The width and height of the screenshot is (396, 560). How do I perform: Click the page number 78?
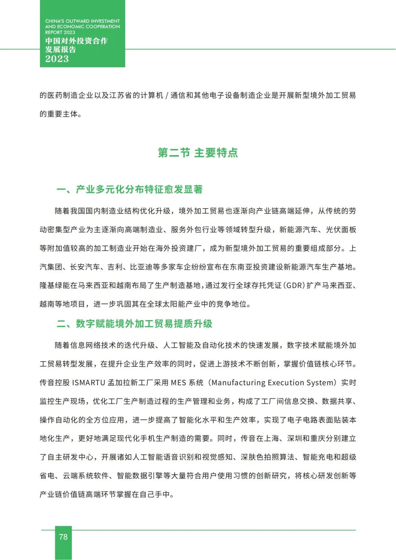coord(63,537)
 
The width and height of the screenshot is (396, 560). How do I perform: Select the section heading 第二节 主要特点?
coord(198,153)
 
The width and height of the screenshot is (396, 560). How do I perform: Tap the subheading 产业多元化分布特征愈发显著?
coord(139,189)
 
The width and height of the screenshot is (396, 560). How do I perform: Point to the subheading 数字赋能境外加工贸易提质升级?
coord(144,323)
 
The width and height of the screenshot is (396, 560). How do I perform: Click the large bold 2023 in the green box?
coord(57,59)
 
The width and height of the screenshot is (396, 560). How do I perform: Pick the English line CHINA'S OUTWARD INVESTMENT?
coord(82,21)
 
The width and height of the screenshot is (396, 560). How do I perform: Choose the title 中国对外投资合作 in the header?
coord(76,41)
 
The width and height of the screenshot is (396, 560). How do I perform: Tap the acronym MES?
coord(179,383)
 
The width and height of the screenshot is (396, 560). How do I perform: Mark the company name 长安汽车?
coord(85,267)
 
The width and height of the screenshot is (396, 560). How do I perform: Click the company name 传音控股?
coord(55,383)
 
